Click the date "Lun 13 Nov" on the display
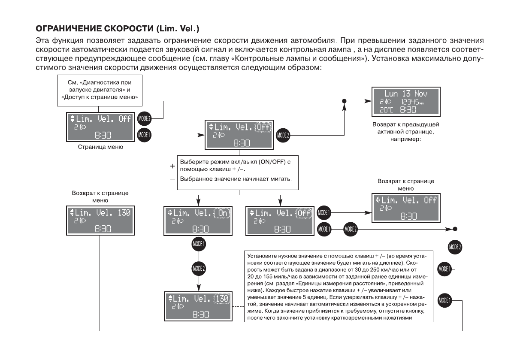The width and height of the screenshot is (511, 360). click(406, 93)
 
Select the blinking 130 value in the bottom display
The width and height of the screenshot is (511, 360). click(222, 298)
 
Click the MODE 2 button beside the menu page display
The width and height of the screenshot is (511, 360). click(143, 118)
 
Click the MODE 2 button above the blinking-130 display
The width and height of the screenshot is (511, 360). click(199, 268)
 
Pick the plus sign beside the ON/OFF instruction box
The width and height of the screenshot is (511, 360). click(172, 165)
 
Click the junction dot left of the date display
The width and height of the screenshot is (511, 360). click(344, 101)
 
